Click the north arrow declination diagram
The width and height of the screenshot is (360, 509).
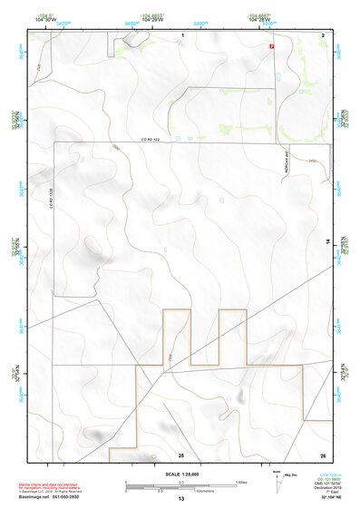click(x=277, y=480)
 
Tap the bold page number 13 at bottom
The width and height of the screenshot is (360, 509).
click(x=181, y=500)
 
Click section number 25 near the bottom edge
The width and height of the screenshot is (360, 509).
click(x=181, y=454)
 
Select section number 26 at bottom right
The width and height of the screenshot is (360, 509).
click(x=323, y=454)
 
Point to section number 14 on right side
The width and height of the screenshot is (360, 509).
click(x=328, y=240)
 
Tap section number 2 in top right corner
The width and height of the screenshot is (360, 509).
click(x=323, y=34)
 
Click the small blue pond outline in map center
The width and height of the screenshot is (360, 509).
click(x=221, y=199)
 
